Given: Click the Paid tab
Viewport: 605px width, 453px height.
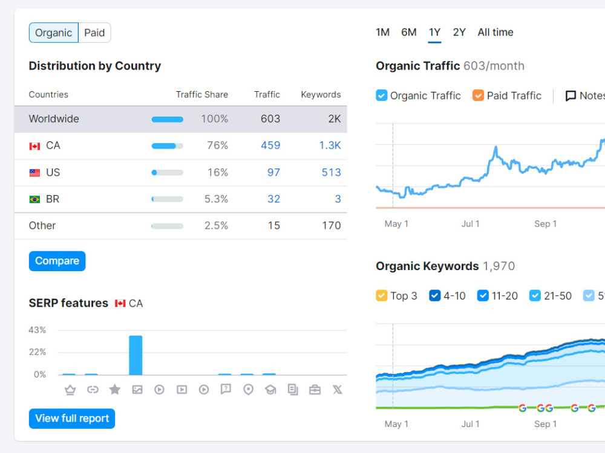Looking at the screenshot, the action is (x=94, y=33).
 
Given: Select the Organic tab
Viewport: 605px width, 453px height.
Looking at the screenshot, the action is (x=54, y=33).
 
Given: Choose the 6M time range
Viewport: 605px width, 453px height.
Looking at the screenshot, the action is (x=408, y=33).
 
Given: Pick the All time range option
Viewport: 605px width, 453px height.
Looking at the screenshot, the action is (x=495, y=33).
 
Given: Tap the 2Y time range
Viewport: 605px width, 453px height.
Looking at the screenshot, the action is (x=459, y=33).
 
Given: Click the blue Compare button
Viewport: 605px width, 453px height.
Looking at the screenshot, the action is (x=57, y=261).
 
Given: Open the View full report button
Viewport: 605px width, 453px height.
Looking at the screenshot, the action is (x=72, y=419).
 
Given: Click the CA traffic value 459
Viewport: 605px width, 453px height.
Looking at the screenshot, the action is (x=270, y=146).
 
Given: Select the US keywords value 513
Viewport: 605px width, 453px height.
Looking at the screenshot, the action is (x=332, y=173).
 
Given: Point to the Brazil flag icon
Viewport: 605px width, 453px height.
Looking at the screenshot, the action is (x=34, y=199).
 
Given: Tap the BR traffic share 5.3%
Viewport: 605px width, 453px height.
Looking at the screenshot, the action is (x=216, y=199).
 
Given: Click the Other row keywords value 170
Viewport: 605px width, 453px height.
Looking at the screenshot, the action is (x=332, y=226).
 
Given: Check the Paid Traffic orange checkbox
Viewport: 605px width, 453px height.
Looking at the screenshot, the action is (x=478, y=95).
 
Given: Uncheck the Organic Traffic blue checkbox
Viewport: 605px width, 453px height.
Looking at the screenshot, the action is (x=382, y=95).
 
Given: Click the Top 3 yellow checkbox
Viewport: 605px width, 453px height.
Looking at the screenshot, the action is (x=382, y=295).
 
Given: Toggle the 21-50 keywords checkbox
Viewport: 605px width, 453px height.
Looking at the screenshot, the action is (x=535, y=295).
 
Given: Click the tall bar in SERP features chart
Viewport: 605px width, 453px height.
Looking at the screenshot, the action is (x=136, y=355).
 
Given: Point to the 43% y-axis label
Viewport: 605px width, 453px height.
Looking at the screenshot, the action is (x=37, y=330).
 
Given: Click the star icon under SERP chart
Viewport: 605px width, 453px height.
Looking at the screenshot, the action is (x=114, y=390).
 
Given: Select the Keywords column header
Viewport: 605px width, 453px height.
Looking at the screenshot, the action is (x=321, y=95).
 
